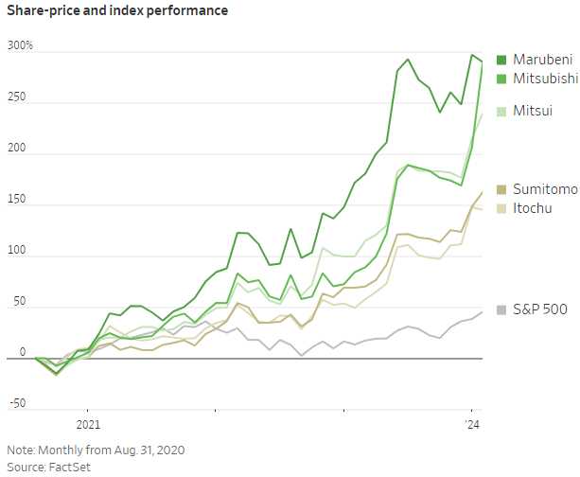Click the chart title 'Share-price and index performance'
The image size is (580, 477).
tap(116, 11)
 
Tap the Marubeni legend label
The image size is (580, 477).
tap(544, 60)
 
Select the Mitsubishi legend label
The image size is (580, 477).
tap(546, 79)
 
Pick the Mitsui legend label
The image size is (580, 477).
tap(533, 112)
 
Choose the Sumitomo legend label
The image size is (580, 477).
tap(545, 189)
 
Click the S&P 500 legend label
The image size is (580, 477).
tap(540, 309)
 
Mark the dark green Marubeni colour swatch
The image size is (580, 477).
tap(501, 60)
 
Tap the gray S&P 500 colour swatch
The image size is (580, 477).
tap(501, 309)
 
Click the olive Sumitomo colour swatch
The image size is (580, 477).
tap(501, 189)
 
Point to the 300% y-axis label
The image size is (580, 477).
tap(20, 46)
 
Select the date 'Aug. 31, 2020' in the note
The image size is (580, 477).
tap(149, 450)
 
